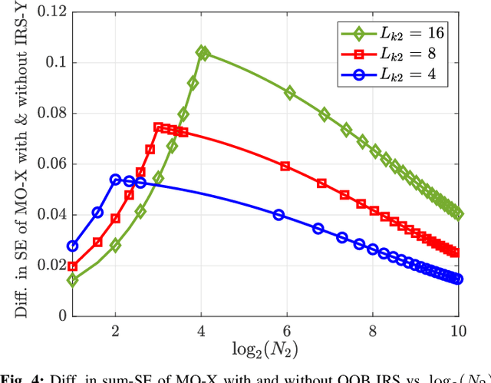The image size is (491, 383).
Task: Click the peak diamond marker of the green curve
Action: point(202,52)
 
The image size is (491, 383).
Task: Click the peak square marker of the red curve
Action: point(159,127)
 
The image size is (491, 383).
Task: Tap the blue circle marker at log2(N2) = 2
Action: point(116,180)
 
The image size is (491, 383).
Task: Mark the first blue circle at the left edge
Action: point(73,246)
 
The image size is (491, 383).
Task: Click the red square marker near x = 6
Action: point(285,166)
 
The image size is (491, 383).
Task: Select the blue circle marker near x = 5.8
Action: point(279,215)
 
